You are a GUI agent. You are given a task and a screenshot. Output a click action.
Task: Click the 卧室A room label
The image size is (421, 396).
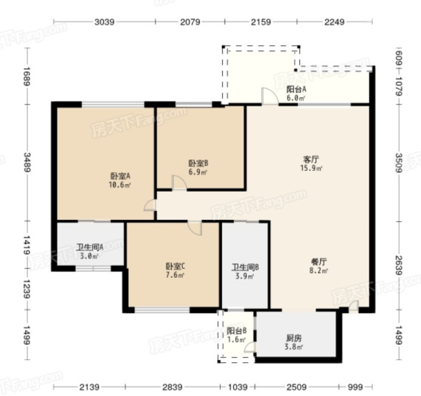click(x=121, y=176)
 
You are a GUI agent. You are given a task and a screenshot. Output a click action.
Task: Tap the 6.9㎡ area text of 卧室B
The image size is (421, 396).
click(x=198, y=172)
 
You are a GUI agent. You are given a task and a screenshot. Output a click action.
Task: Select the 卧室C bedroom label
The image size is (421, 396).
click(x=175, y=267)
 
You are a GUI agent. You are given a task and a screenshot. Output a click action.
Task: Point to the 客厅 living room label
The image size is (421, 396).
click(x=311, y=160)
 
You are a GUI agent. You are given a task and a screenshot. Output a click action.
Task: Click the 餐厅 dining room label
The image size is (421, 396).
click(x=319, y=261)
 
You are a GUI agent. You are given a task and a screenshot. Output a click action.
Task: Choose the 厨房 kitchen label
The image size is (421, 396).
click(x=294, y=338)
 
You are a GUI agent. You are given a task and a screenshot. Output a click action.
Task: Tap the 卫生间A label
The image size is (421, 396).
click(x=90, y=247)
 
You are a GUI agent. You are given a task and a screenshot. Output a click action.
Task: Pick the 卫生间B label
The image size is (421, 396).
click(x=245, y=267)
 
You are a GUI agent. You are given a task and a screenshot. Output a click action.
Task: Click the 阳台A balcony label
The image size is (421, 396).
click(x=296, y=89)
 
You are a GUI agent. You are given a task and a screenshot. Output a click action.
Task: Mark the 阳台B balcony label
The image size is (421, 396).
click(x=236, y=331)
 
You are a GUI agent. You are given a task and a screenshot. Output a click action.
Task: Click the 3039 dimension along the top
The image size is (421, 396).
click(x=104, y=22)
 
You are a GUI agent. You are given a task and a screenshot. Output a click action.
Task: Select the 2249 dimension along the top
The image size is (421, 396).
click(x=334, y=22)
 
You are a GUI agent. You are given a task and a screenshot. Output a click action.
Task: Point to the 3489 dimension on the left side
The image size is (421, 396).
click(x=27, y=162)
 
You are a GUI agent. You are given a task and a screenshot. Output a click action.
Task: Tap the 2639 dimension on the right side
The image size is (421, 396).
click(x=399, y=265)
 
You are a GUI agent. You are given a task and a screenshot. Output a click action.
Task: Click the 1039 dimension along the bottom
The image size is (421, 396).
click(x=238, y=387)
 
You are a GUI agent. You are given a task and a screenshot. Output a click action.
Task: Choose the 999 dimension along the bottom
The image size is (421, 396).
click(x=355, y=387)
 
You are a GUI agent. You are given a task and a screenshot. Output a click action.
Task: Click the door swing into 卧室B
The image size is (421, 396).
click(x=179, y=183)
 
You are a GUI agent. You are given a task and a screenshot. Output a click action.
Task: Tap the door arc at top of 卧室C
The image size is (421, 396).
click(x=195, y=228)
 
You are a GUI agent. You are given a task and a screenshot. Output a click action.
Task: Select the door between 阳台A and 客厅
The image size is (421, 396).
click(x=270, y=96)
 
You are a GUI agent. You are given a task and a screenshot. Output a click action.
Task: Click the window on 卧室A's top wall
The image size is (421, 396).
click(x=113, y=104)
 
